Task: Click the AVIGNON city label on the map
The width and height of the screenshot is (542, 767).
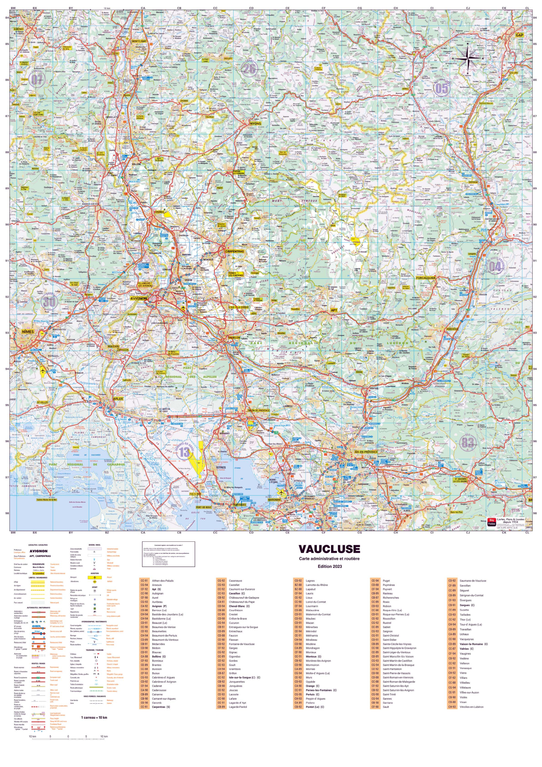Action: pyautogui.click(x=139, y=298)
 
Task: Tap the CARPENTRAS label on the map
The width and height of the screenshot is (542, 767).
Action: pyautogui.click(x=234, y=251)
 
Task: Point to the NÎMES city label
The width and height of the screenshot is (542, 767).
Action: pyautogui.click(x=28, y=331)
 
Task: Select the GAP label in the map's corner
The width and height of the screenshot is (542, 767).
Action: pyautogui.click(x=519, y=35)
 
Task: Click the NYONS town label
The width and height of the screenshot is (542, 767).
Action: pyautogui.click(x=255, y=123)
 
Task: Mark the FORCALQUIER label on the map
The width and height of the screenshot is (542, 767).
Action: pyautogui.click(x=426, y=278)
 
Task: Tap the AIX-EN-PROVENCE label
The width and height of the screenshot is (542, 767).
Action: pyautogui.click(x=366, y=452)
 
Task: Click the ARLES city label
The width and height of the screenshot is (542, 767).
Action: pyautogui.click(x=118, y=398)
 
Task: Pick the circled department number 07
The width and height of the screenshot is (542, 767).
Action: pyautogui.click(x=37, y=79)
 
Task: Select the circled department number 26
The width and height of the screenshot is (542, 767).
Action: pyautogui.click(x=249, y=69)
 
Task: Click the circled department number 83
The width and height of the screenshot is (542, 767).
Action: pyautogui.click(x=467, y=442)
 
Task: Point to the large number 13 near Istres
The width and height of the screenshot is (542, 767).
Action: pyautogui.click(x=184, y=452)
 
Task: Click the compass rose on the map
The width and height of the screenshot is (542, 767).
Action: pyautogui.click(x=467, y=58)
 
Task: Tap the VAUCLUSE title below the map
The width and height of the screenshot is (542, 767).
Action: pyautogui.click(x=329, y=549)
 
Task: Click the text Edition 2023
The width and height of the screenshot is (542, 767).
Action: pyautogui.click(x=330, y=566)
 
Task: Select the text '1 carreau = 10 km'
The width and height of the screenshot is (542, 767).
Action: pyautogui.click(x=94, y=717)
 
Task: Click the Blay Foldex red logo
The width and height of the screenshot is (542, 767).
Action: pyautogui.click(x=491, y=521)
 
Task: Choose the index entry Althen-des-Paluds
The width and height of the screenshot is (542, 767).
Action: pyautogui.click(x=163, y=581)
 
